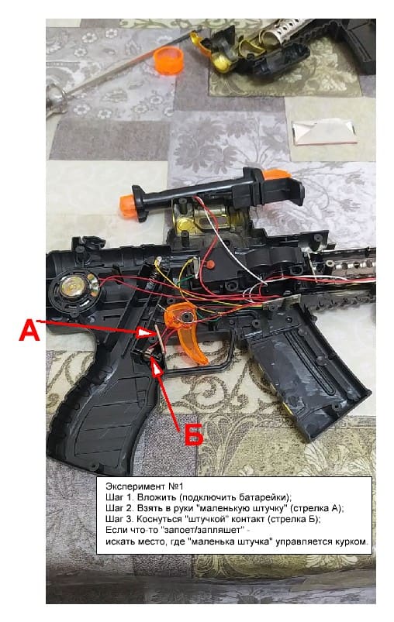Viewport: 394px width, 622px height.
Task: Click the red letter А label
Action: [x=29, y=331]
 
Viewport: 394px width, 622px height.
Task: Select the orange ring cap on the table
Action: [x=168, y=60]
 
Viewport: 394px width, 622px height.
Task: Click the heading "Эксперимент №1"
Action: [x=144, y=486]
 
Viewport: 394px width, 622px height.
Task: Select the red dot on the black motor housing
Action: [x=211, y=264]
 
